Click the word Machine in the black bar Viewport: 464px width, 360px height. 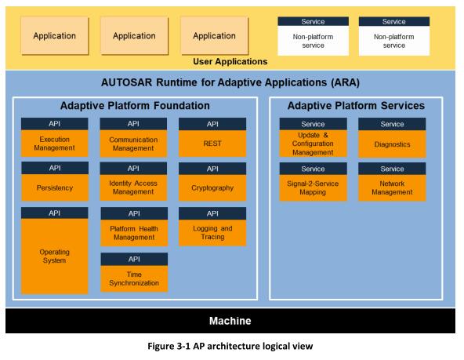point(230,321)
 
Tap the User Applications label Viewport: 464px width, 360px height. point(230,62)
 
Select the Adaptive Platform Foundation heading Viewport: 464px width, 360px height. point(135,106)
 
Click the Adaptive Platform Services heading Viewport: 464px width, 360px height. point(356,106)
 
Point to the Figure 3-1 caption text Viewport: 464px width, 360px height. point(230,346)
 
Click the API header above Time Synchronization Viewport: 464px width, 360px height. point(134,259)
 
